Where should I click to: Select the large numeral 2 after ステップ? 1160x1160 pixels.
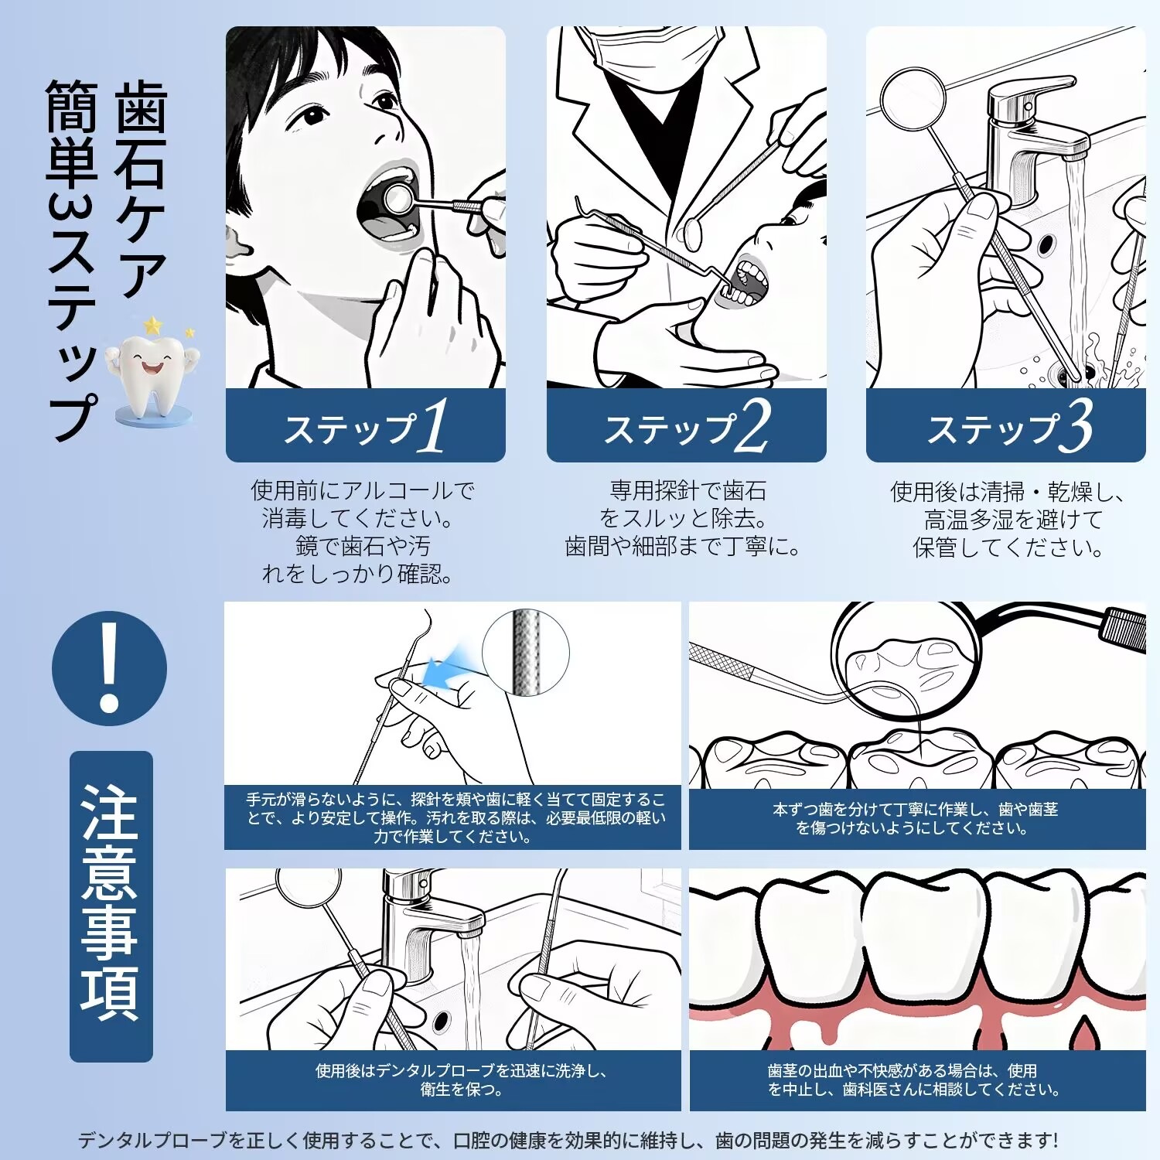[751, 425]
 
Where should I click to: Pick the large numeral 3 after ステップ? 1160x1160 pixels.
[1076, 425]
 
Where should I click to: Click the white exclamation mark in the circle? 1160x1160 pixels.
[109, 667]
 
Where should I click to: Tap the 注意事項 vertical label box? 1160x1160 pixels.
[111, 906]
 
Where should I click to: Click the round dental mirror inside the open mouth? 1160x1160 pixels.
[399, 199]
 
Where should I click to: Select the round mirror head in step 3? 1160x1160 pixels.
[913, 99]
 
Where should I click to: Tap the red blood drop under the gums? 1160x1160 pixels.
[1085, 1033]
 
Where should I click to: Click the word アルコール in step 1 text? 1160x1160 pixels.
[396, 490]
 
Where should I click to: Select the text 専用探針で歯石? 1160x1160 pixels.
[688, 490]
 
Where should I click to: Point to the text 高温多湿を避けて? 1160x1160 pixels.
[1013, 519]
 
